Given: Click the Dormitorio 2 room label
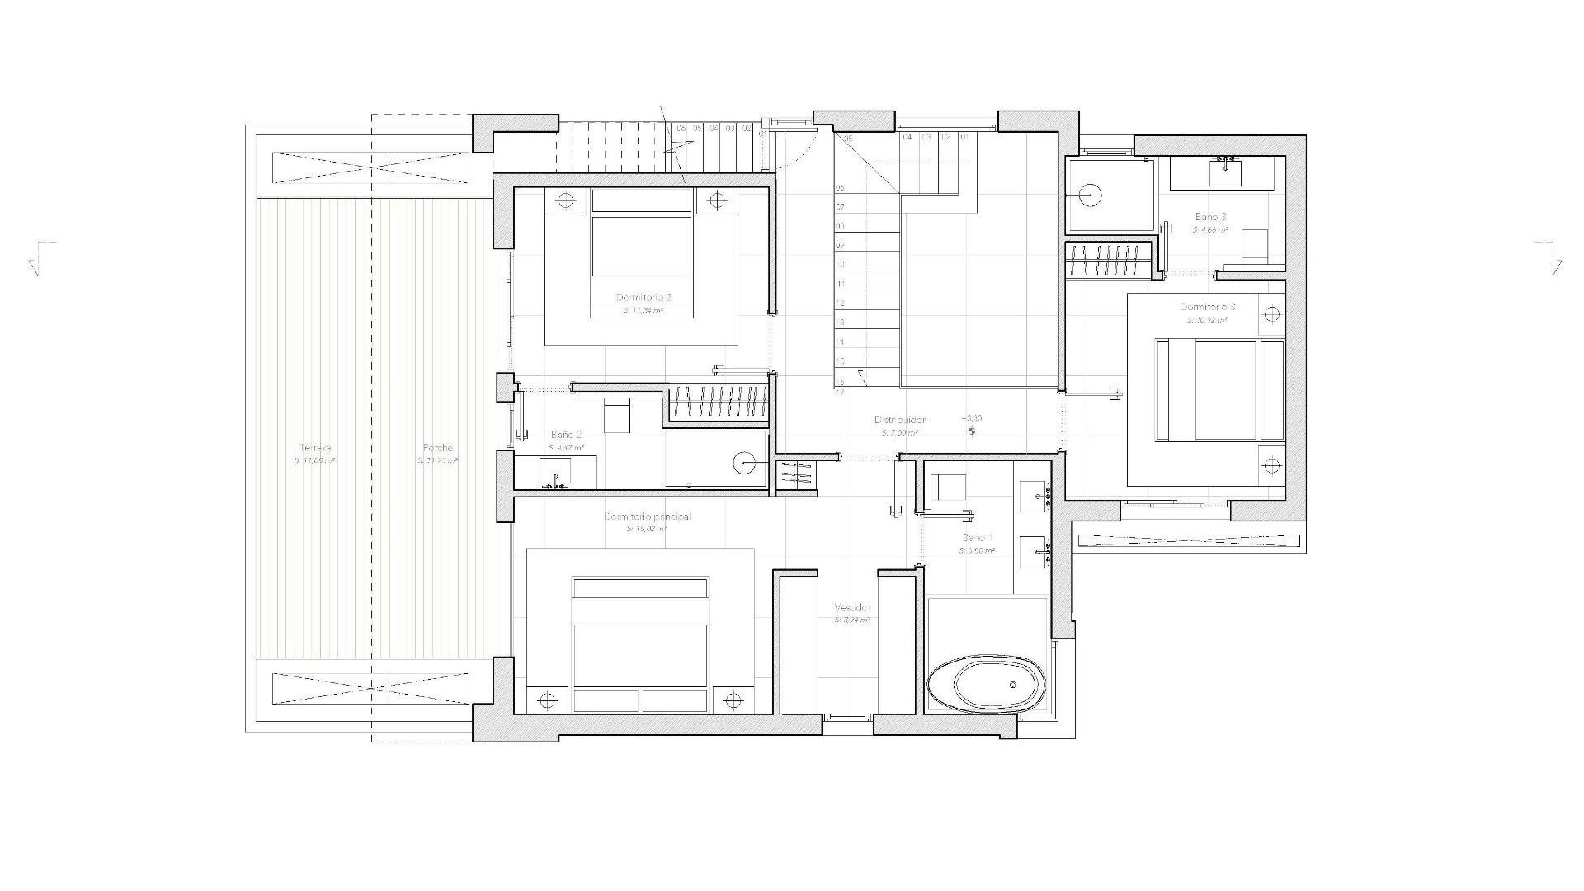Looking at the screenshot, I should (x=643, y=297).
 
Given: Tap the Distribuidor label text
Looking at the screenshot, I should (x=900, y=420).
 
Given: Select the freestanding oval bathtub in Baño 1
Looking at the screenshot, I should (x=986, y=684).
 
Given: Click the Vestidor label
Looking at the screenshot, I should (x=852, y=607).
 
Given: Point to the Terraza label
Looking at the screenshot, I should (x=315, y=448).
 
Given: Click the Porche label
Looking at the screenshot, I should (x=436, y=448).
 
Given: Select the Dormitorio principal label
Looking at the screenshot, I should (x=647, y=516).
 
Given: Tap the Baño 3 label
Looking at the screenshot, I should (x=1210, y=217).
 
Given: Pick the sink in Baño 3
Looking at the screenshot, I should (x=1225, y=172).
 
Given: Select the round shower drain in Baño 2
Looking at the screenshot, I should (x=745, y=464).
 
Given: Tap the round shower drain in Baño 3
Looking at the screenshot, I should (x=1090, y=196).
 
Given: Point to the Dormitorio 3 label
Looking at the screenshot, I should (x=1207, y=307).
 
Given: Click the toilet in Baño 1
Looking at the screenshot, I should (x=950, y=487).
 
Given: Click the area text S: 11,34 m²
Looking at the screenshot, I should (x=643, y=311).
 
